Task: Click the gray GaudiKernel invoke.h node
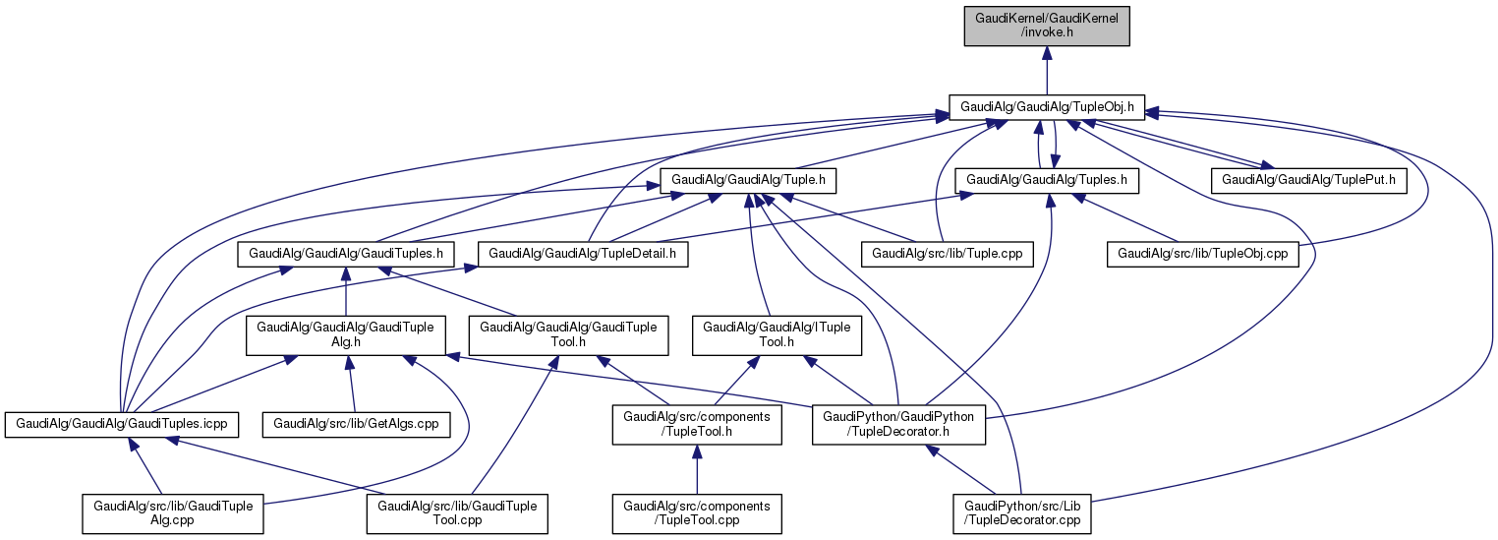1046,25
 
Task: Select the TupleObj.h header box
1047,106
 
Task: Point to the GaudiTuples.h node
346,254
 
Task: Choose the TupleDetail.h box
582,254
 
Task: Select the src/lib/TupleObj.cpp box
1203,254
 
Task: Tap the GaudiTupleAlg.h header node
346,334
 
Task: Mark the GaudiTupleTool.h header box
569,334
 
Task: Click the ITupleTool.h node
777,334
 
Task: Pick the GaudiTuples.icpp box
121,424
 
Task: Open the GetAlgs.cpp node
355,424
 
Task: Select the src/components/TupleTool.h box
697,424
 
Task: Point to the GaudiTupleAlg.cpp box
173,513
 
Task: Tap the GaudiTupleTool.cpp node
457,513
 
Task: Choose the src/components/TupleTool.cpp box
697,513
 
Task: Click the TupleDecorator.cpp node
1021,513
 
